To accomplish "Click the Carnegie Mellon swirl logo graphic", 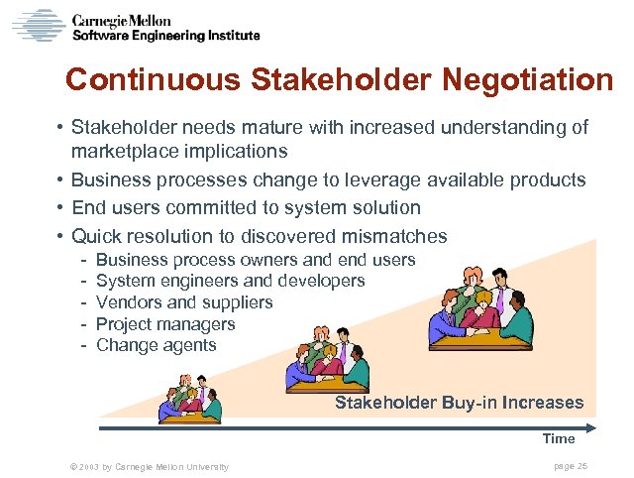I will tap(38, 25).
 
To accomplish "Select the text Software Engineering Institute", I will tap(167, 36).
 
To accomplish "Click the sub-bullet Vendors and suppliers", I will tap(184, 302).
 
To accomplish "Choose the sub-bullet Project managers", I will tap(165, 324).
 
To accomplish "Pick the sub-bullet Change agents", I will tap(156, 345).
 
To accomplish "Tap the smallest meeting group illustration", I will tap(192, 401).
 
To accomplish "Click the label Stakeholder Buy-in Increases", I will tap(459, 403).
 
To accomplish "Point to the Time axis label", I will tap(558, 438).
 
